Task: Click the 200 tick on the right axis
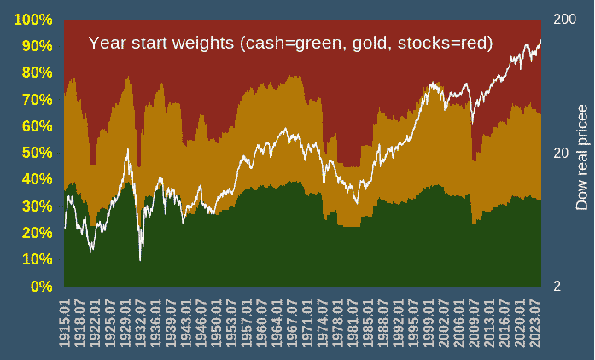pos(563,20)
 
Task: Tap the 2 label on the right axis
pos(556,287)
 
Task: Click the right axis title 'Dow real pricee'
pos(582,158)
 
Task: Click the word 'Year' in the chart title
pos(108,43)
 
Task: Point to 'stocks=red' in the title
pos(446,43)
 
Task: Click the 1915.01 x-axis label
pos(65,323)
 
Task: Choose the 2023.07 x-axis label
pos(536,323)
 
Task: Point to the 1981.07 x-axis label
pos(353,323)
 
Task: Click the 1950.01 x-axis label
pos(217,323)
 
